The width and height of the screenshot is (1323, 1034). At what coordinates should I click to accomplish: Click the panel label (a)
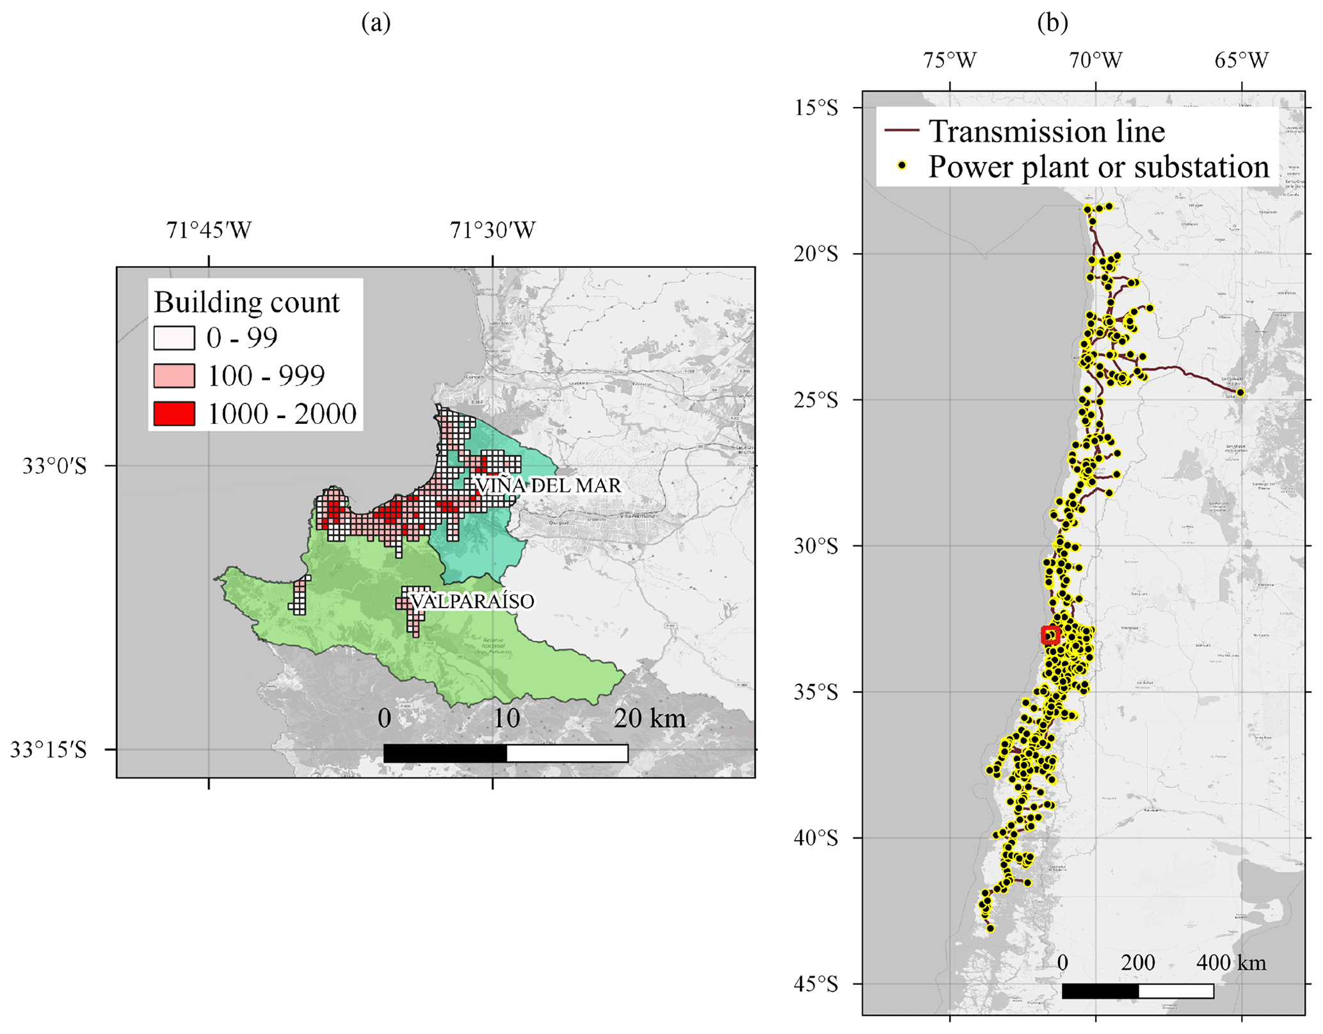click(376, 23)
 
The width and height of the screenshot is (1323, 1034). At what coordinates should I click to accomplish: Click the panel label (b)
click(1052, 23)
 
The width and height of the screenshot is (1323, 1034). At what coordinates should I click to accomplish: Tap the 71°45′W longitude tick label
click(209, 230)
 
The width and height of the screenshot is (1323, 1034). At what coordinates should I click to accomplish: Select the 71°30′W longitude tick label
click(492, 230)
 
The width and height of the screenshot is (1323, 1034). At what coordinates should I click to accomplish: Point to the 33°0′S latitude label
click(54, 466)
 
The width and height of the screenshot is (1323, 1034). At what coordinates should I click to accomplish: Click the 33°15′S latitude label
click(49, 750)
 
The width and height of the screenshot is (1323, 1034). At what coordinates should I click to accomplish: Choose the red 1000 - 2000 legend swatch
click(174, 414)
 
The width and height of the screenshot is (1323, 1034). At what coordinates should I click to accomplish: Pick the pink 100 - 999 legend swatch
click(174, 376)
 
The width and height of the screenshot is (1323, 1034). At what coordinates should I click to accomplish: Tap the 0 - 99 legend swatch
click(174, 338)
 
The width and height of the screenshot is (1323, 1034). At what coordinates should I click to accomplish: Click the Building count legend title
click(246, 302)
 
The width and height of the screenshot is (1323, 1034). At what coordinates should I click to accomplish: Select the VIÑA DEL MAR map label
click(548, 485)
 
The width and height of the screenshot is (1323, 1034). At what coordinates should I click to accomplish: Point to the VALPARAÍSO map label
click(472, 601)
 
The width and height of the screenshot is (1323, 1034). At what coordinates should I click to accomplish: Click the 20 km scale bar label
click(649, 718)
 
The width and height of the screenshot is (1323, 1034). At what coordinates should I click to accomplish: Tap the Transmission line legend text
click(1046, 131)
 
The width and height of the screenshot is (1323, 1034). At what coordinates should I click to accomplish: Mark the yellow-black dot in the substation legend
click(902, 166)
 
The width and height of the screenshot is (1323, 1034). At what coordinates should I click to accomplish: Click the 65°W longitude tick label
click(1241, 60)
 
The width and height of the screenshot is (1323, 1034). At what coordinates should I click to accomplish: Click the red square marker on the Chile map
click(1050, 635)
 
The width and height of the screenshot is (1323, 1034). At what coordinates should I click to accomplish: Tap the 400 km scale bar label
click(1231, 963)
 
